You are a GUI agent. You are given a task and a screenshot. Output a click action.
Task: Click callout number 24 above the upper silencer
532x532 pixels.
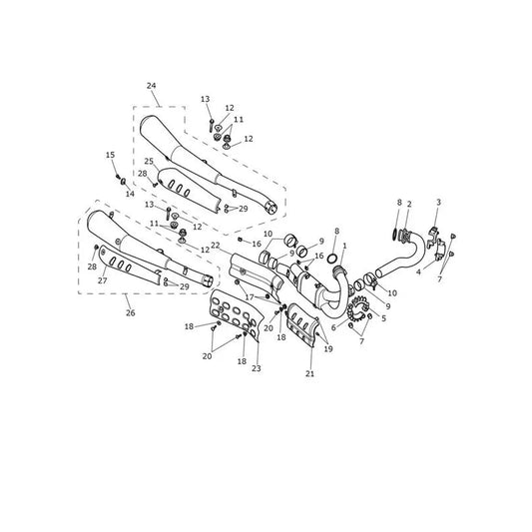point(152,86)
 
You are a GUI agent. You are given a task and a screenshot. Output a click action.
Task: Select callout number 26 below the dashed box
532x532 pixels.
point(131,312)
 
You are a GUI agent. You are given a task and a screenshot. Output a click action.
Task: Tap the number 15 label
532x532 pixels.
point(110,155)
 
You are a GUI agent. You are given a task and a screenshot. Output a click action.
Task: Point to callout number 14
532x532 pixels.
point(130,194)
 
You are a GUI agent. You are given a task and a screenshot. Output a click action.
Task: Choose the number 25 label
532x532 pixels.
point(149,161)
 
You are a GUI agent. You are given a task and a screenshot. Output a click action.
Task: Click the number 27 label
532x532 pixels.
point(103,280)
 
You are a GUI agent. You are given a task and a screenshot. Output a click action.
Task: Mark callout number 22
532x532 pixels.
point(216,245)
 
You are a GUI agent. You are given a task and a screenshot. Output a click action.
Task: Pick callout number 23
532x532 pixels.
point(257,368)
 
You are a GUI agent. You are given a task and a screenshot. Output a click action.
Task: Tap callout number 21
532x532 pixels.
point(309,373)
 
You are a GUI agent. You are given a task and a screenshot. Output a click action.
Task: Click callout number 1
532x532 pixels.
point(344,246)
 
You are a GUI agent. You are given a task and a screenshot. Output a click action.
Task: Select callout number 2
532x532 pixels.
point(409,205)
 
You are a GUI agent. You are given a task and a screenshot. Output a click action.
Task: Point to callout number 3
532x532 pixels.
point(438,203)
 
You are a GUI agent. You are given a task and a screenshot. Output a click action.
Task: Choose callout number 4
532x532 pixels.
point(418,272)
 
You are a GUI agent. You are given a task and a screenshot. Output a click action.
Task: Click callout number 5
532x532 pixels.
point(383,318)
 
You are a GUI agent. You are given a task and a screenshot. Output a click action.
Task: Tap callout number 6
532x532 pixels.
point(333,327)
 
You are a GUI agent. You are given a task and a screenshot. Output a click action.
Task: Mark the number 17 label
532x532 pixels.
point(250,297)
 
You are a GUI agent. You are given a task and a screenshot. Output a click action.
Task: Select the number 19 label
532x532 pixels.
point(328,348)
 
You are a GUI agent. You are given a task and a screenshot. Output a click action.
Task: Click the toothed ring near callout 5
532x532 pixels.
point(357,308)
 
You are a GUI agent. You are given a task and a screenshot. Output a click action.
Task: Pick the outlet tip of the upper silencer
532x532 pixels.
point(270,208)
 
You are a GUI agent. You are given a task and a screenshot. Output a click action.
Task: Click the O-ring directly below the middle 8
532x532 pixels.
point(333,259)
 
